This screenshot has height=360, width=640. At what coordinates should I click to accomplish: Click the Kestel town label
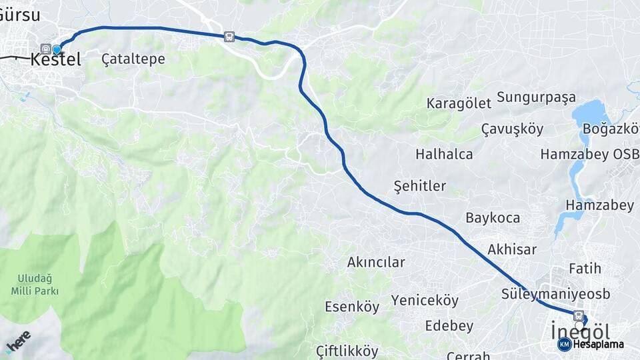(56, 59)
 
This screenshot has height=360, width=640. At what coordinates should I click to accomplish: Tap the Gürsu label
(20, 15)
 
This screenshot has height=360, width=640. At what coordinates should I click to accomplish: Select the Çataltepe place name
(133, 59)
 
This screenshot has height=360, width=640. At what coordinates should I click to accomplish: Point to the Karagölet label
(459, 103)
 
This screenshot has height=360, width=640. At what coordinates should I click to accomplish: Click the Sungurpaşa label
(536, 97)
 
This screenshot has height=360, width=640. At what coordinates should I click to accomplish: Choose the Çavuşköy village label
(512, 129)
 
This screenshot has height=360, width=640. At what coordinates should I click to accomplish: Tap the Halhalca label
(444, 154)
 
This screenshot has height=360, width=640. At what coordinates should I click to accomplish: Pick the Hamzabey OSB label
(589, 154)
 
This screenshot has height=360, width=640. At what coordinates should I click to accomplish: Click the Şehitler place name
(420, 186)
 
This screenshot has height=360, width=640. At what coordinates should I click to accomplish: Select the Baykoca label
(493, 218)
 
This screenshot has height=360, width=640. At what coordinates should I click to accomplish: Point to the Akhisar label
(512, 249)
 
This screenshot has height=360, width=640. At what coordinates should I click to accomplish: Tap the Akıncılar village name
(376, 262)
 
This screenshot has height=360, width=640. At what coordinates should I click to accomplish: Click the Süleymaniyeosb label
(555, 294)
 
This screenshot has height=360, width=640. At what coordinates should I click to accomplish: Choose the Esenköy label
(352, 307)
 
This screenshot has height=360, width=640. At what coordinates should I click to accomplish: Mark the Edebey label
(449, 326)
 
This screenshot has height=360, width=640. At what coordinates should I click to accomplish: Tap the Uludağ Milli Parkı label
(35, 285)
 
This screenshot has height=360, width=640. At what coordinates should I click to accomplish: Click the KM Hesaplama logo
(591, 344)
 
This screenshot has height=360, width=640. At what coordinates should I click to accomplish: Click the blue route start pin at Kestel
(57, 49)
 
